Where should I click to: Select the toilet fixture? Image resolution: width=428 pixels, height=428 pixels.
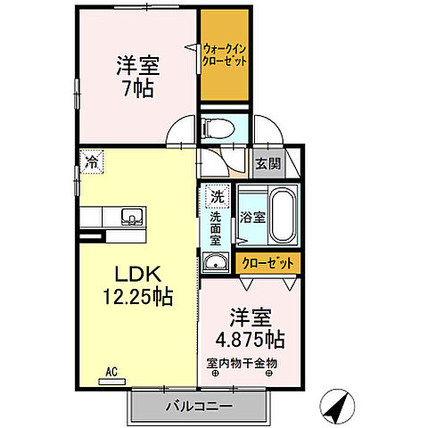pyautogui.click(x=217, y=128)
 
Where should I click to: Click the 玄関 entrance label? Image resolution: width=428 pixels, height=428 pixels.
pyautogui.click(x=266, y=163)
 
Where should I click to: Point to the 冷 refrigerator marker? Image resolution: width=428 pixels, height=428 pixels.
pyautogui.click(x=92, y=161)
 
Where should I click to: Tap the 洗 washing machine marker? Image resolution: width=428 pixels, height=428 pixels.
pyautogui.click(x=216, y=194)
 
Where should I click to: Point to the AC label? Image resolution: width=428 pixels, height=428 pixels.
pyautogui.click(x=112, y=370)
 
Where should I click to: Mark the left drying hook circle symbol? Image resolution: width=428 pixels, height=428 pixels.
pyautogui.click(x=214, y=374)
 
